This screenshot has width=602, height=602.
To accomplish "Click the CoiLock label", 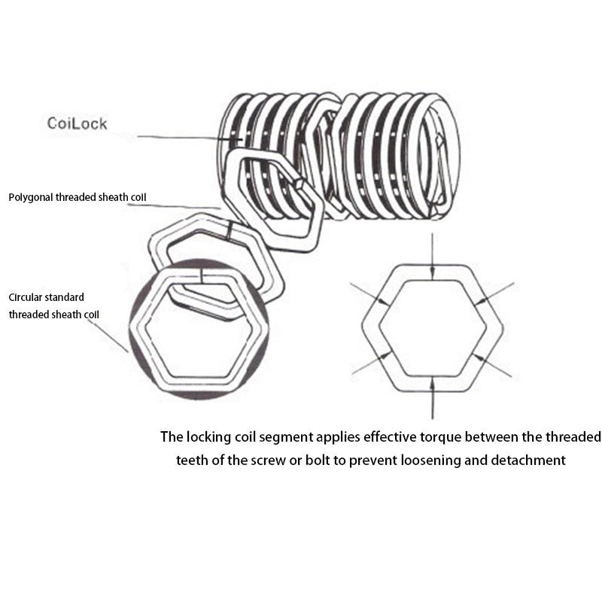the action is [77, 123].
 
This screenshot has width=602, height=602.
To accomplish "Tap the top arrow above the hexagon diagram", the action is [432, 252].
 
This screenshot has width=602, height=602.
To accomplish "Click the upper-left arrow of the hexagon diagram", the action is [369, 293].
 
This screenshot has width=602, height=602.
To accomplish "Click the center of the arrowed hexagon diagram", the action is [432, 328].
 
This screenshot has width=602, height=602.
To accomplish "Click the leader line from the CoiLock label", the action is [181, 138].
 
